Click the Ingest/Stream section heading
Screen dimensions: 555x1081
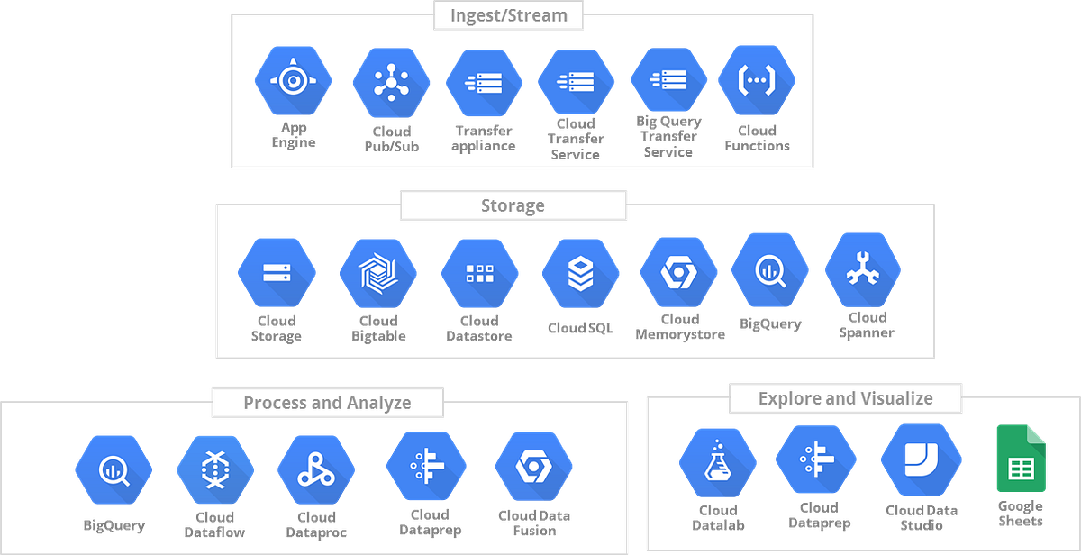click(508, 15)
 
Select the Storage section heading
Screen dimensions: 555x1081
click(513, 205)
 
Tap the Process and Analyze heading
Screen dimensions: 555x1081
click(327, 403)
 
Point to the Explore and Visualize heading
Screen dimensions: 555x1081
click(845, 398)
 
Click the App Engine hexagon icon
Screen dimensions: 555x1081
click(293, 81)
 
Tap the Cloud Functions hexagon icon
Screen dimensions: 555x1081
click(756, 80)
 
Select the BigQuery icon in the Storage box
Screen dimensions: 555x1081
click(769, 271)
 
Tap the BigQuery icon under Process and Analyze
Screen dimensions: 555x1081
click(114, 469)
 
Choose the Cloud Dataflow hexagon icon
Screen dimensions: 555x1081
click(214, 469)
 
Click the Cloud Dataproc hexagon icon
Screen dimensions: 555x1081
click(316, 469)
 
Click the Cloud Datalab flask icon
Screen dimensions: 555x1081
click(717, 463)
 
